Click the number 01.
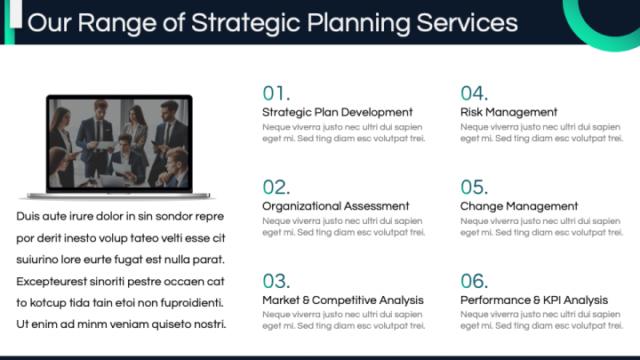tap(276, 93)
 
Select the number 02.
tap(276, 188)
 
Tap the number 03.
tap(276, 281)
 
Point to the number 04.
tap(475, 93)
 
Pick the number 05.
tap(475, 188)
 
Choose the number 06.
tap(475, 281)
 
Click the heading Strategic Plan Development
tap(338, 112)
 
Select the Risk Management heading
tap(508, 112)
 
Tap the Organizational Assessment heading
tap(336, 206)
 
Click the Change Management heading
tap(519, 206)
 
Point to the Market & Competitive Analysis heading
tap(343, 300)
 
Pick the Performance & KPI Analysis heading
tap(534, 300)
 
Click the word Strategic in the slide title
tap(245, 23)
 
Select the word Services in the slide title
tap(467, 22)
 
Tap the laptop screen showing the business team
tap(119, 144)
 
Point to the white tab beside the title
tap(16, 14)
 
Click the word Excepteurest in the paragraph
tap(52, 282)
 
